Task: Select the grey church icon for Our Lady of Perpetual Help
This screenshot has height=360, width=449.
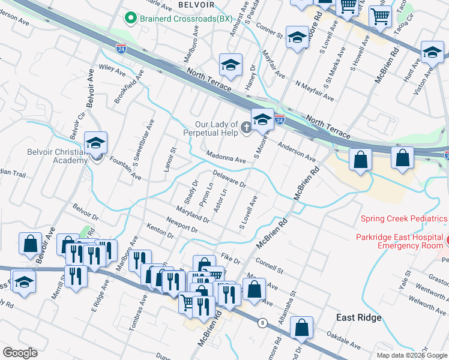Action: [x=246, y=127]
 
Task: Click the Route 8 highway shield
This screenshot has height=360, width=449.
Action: [x=262, y=323]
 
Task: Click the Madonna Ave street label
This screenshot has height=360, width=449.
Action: [x=226, y=160]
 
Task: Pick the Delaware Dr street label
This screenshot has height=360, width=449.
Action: [x=229, y=181]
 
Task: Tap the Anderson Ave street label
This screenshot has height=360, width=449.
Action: [x=296, y=152]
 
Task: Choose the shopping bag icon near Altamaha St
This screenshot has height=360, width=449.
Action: [x=302, y=327]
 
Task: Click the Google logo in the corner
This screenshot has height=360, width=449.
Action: [x=20, y=353]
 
